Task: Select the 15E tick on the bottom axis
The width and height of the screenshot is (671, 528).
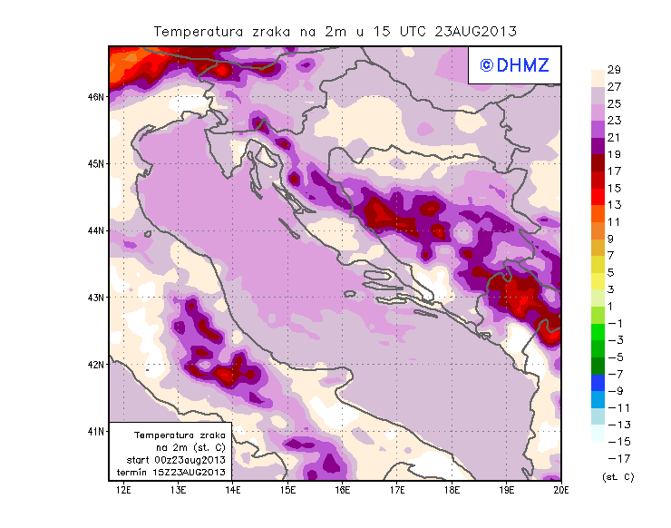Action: click(287, 491)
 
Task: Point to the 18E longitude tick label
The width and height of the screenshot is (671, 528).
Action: click(452, 491)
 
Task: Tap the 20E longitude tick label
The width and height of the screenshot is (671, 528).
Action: click(560, 491)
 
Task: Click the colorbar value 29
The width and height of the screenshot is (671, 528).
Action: click(614, 70)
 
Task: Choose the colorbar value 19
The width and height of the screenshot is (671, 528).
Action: click(614, 154)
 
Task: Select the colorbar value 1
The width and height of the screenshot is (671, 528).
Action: click(614, 306)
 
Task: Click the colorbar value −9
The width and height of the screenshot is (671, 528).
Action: click(614, 390)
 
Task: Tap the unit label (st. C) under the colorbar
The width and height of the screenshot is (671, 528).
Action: click(618, 476)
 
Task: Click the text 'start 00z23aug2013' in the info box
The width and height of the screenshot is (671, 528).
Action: click(170, 461)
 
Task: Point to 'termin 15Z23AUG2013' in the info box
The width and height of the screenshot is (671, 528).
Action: click(170, 473)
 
